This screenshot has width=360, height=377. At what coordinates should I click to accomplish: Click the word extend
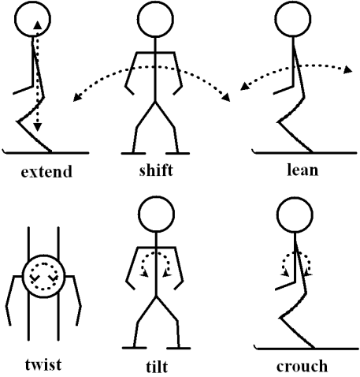(46, 171)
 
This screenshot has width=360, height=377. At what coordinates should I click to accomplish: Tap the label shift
(156, 170)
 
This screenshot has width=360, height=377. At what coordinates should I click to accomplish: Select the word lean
(302, 170)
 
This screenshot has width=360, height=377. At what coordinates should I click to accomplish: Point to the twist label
(43, 364)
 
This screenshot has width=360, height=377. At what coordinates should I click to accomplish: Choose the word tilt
(157, 366)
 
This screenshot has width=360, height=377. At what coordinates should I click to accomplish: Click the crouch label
(302, 366)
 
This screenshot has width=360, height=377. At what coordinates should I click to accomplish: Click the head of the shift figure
(155, 20)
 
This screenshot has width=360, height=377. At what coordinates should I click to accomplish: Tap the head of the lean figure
(293, 19)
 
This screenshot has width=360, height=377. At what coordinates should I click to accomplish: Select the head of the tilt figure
(156, 215)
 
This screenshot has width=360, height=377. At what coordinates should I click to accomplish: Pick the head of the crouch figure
(295, 215)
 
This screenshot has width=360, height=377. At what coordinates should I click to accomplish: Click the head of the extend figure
(32, 19)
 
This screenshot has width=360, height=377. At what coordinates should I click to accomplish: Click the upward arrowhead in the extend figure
(38, 25)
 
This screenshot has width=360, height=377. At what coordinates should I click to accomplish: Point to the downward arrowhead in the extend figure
(38, 127)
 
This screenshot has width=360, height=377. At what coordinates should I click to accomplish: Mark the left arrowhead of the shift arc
(76, 97)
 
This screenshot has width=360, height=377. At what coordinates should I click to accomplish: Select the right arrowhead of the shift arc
(226, 97)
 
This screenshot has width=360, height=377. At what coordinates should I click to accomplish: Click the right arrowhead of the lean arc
(348, 69)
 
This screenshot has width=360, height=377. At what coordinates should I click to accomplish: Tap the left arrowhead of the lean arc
(245, 86)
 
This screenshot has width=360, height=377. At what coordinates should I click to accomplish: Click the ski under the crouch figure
(306, 349)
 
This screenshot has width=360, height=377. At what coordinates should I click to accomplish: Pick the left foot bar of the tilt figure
(134, 348)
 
